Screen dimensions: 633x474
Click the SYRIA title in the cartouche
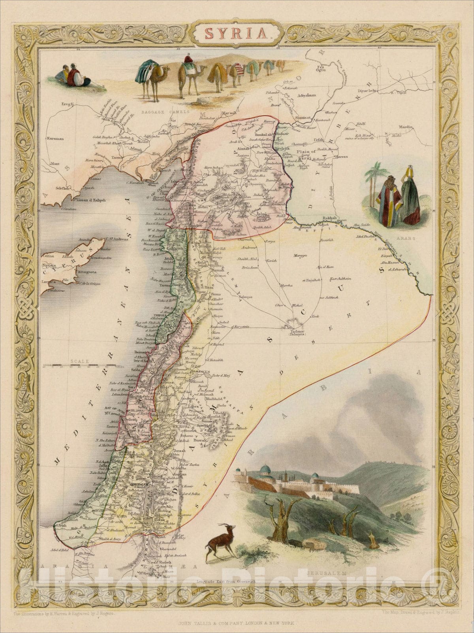point(236,33)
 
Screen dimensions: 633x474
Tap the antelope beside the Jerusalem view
point(220,540)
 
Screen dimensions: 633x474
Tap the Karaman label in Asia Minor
point(55,139)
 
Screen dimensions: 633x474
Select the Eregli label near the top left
point(67,104)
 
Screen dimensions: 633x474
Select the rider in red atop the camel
point(188,60)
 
